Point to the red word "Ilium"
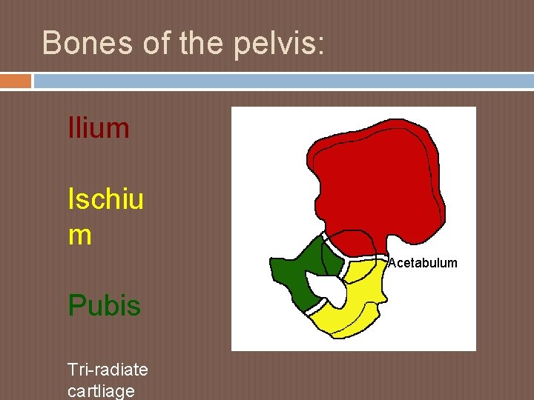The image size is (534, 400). coord(98,128)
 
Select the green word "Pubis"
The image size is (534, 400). coord(104,305)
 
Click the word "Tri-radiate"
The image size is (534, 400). coord(108,369)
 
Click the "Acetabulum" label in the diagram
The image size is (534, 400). coord(423,263)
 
